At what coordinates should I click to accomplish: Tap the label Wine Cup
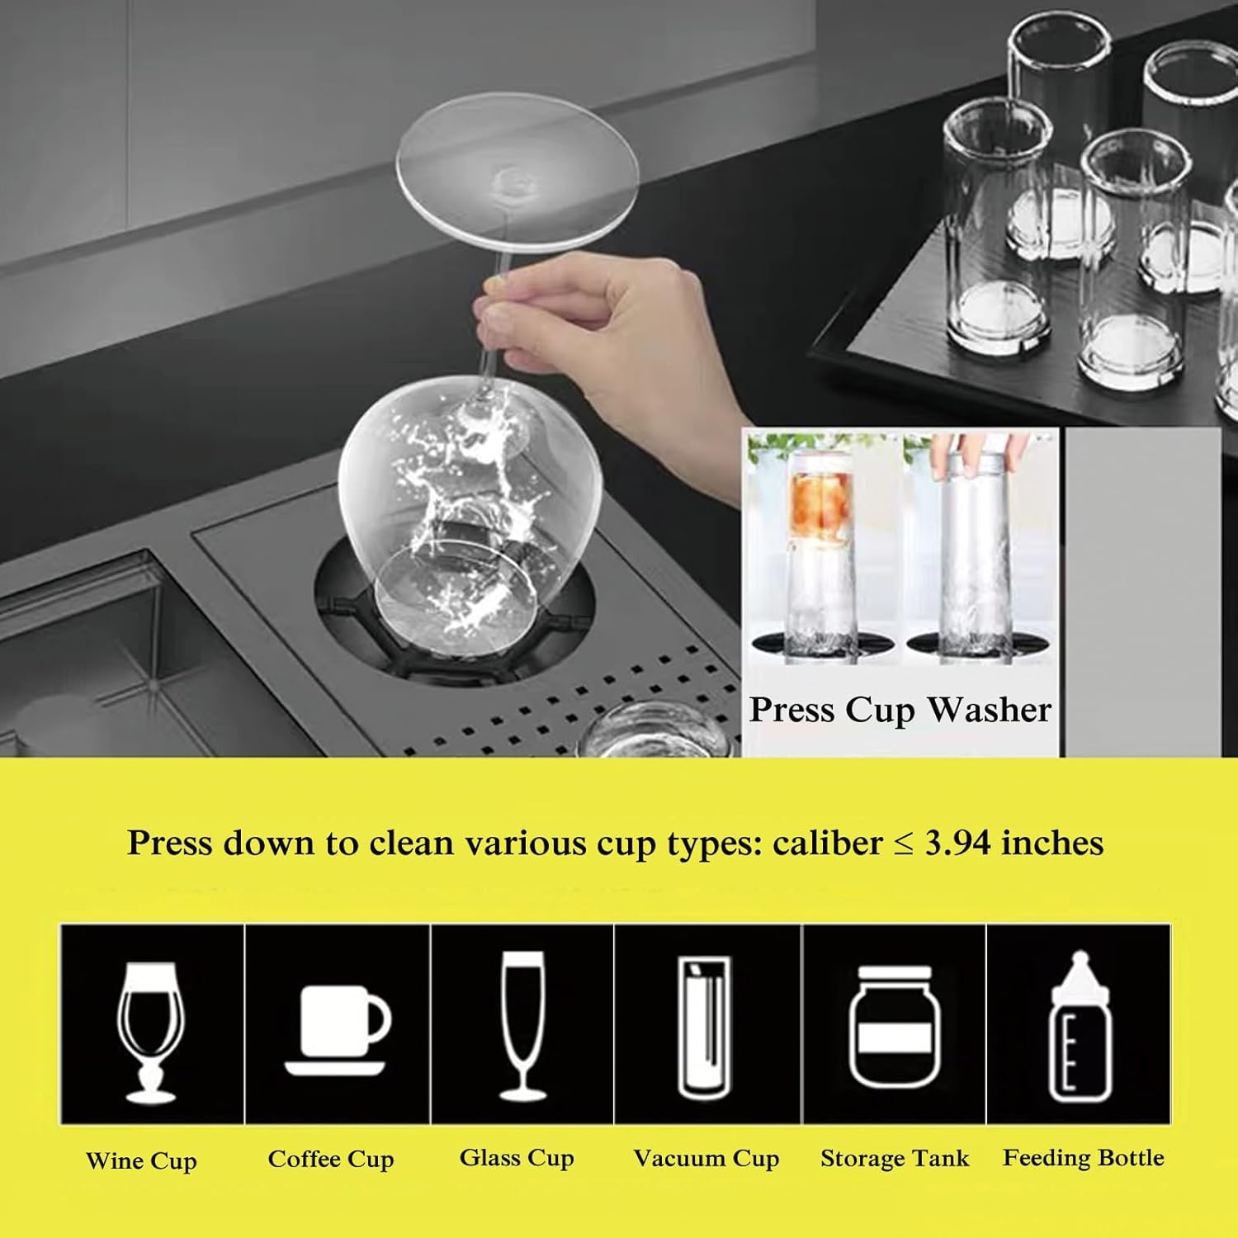pos(141,1160)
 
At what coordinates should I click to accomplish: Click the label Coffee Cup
pos(331,1159)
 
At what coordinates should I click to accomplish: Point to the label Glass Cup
pos(517,1158)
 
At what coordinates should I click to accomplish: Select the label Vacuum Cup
pos(706,1159)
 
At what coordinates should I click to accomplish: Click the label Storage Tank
pos(895,1158)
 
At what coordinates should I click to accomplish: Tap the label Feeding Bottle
pos(1083,1158)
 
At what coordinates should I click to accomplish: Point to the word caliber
pos(827,843)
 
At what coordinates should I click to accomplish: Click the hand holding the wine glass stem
pos(611,330)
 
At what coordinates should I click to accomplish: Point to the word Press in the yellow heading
pos(169,843)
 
